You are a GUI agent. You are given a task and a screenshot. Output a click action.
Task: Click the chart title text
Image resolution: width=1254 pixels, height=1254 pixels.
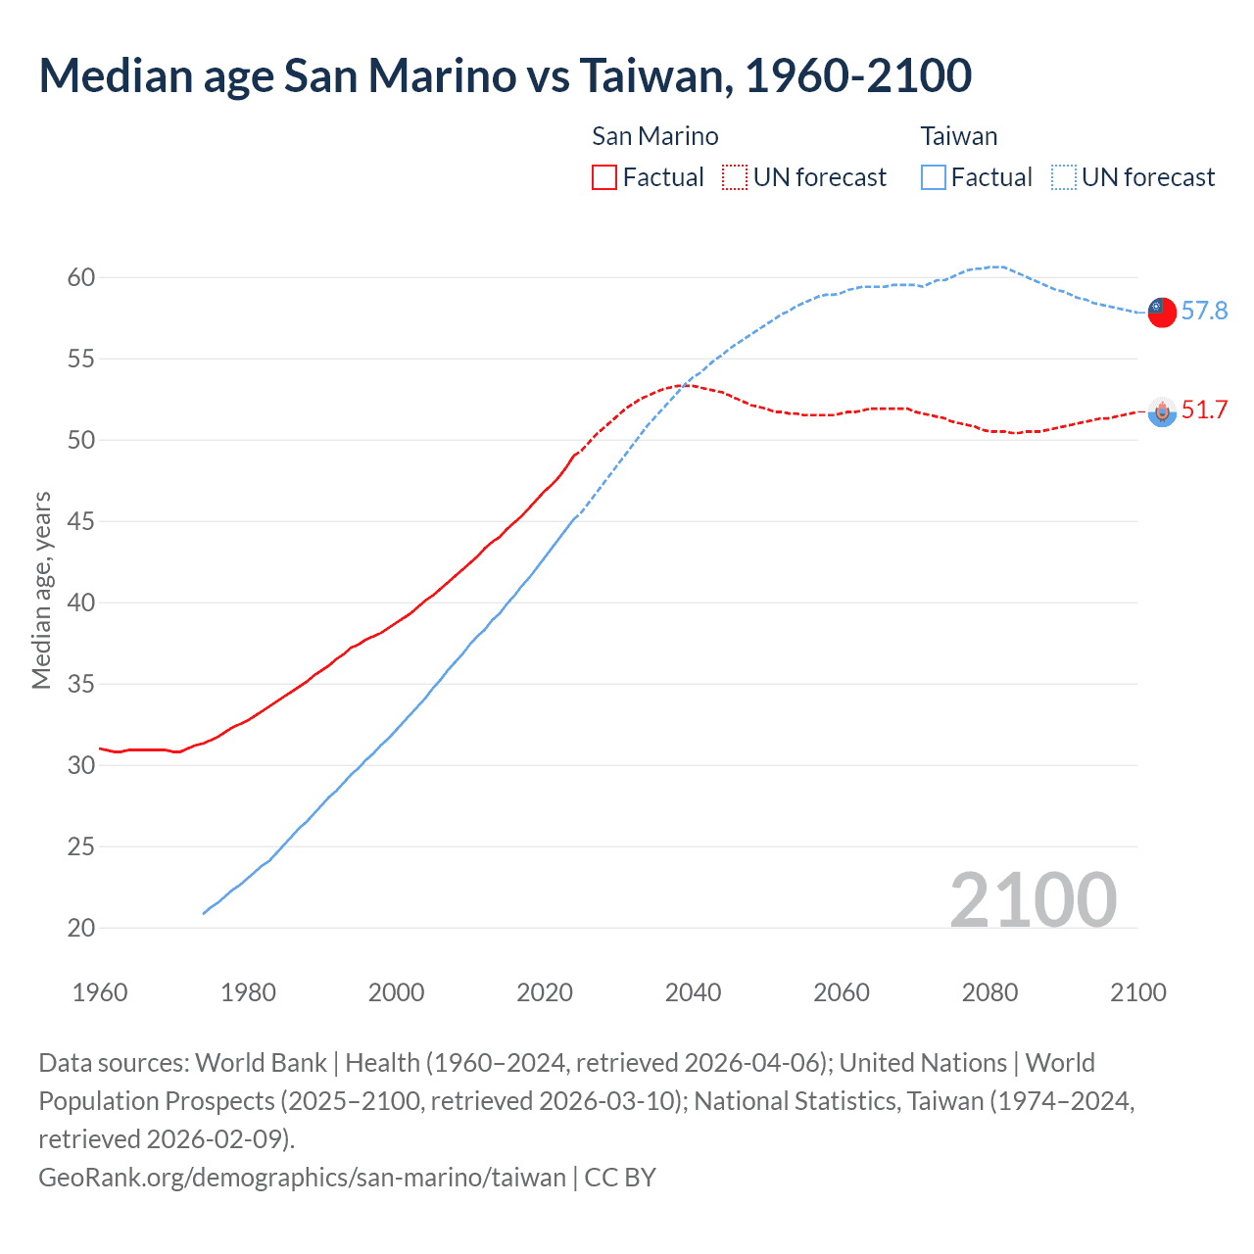point(505,75)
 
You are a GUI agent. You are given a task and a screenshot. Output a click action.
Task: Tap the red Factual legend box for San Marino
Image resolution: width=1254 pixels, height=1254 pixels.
point(604,177)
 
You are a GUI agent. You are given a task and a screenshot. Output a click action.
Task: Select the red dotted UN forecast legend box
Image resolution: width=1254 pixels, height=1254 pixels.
point(734,177)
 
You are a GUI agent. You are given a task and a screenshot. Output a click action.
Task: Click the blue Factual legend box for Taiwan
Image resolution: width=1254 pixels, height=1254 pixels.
point(933,177)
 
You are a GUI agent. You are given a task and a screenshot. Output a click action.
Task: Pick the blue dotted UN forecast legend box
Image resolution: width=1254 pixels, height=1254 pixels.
point(1063,177)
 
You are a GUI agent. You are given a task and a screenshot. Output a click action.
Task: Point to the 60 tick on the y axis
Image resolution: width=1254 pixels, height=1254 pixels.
point(81,278)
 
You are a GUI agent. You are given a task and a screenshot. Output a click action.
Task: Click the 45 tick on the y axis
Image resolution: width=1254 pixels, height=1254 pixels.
point(81,522)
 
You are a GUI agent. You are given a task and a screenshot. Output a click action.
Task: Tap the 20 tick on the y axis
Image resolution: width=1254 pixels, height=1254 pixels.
point(81,928)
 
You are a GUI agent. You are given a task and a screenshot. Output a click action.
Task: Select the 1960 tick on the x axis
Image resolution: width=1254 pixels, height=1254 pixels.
point(100,992)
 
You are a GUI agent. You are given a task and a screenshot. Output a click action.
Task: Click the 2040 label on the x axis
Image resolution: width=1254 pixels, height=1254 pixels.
point(693,992)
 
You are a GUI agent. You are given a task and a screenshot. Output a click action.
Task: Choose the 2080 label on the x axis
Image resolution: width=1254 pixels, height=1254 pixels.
point(989,992)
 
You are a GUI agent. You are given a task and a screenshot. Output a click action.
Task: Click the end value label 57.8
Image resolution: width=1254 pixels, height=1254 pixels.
point(1204,312)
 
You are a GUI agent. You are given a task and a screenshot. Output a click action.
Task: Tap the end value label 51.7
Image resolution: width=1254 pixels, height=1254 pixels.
point(1204,410)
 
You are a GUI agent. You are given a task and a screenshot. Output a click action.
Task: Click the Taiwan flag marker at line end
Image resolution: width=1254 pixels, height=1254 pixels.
point(1161,313)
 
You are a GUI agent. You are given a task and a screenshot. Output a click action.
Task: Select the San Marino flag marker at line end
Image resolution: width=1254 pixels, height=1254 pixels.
point(1162,412)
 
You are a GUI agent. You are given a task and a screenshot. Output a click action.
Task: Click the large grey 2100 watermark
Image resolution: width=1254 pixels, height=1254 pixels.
point(1033,900)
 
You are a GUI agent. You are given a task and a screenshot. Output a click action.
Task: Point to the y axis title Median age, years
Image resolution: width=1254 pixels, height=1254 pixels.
point(41,591)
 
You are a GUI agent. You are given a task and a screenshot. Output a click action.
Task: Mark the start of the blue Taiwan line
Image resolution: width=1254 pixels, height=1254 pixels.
point(204,913)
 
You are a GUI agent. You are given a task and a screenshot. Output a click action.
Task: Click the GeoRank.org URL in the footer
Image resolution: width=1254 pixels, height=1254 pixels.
point(302,1177)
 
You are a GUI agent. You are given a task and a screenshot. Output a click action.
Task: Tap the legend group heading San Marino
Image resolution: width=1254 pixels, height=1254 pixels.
point(654,136)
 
